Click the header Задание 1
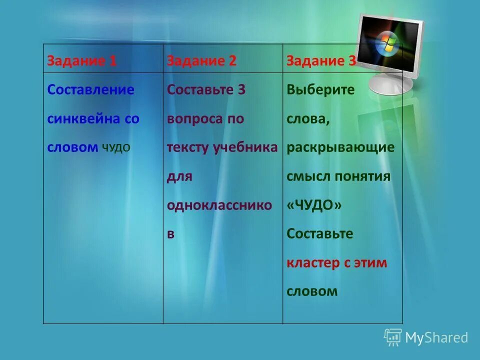[x=82, y=61]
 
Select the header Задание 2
[x=201, y=61]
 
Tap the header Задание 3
[x=321, y=61]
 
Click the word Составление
[x=91, y=90]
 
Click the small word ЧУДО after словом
[x=116, y=147]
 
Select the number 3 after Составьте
[x=241, y=90]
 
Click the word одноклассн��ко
[x=219, y=205]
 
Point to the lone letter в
[x=171, y=234]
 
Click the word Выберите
[x=320, y=90]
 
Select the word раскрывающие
[x=340, y=147]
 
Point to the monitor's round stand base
[x=391, y=84]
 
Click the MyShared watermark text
[x=436, y=338]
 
